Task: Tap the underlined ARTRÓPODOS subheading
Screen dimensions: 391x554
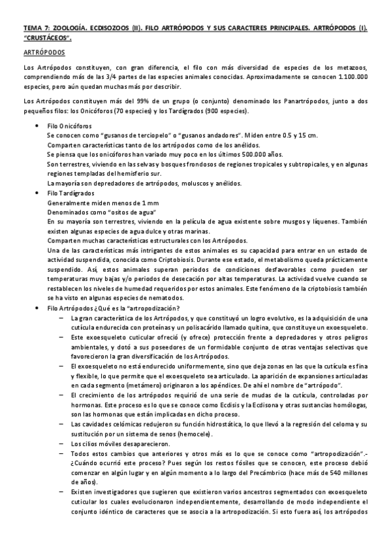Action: point(42,52)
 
